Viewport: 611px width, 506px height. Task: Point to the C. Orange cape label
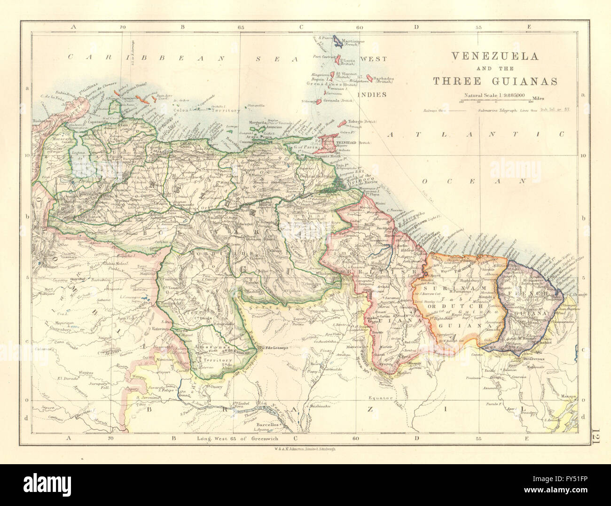click(578, 282)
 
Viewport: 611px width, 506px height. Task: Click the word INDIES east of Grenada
click(372, 94)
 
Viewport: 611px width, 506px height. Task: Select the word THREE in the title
click(452, 81)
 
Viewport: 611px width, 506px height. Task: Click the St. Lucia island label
click(349, 61)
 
